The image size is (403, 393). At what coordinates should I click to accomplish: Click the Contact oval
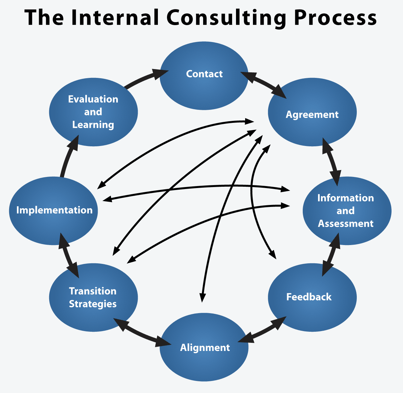coord(204,76)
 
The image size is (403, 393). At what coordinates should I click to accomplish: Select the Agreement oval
coord(312,112)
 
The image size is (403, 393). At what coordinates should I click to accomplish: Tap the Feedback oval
coord(312,297)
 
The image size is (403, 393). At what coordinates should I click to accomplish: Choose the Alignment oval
coord(204,347)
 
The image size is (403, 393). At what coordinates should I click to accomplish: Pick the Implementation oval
coord(53,211)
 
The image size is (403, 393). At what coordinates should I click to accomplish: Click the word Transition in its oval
coord(92,291)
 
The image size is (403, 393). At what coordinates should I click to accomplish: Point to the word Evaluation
coord(93,99)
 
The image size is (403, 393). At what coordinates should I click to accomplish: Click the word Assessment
coord(346,224)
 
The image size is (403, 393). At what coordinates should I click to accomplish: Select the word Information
coord(346,198)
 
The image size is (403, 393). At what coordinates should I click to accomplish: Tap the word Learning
coord(93,125)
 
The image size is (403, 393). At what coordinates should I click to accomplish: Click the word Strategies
coord(93,304)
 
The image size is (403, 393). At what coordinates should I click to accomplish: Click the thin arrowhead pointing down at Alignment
coord(202,297)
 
